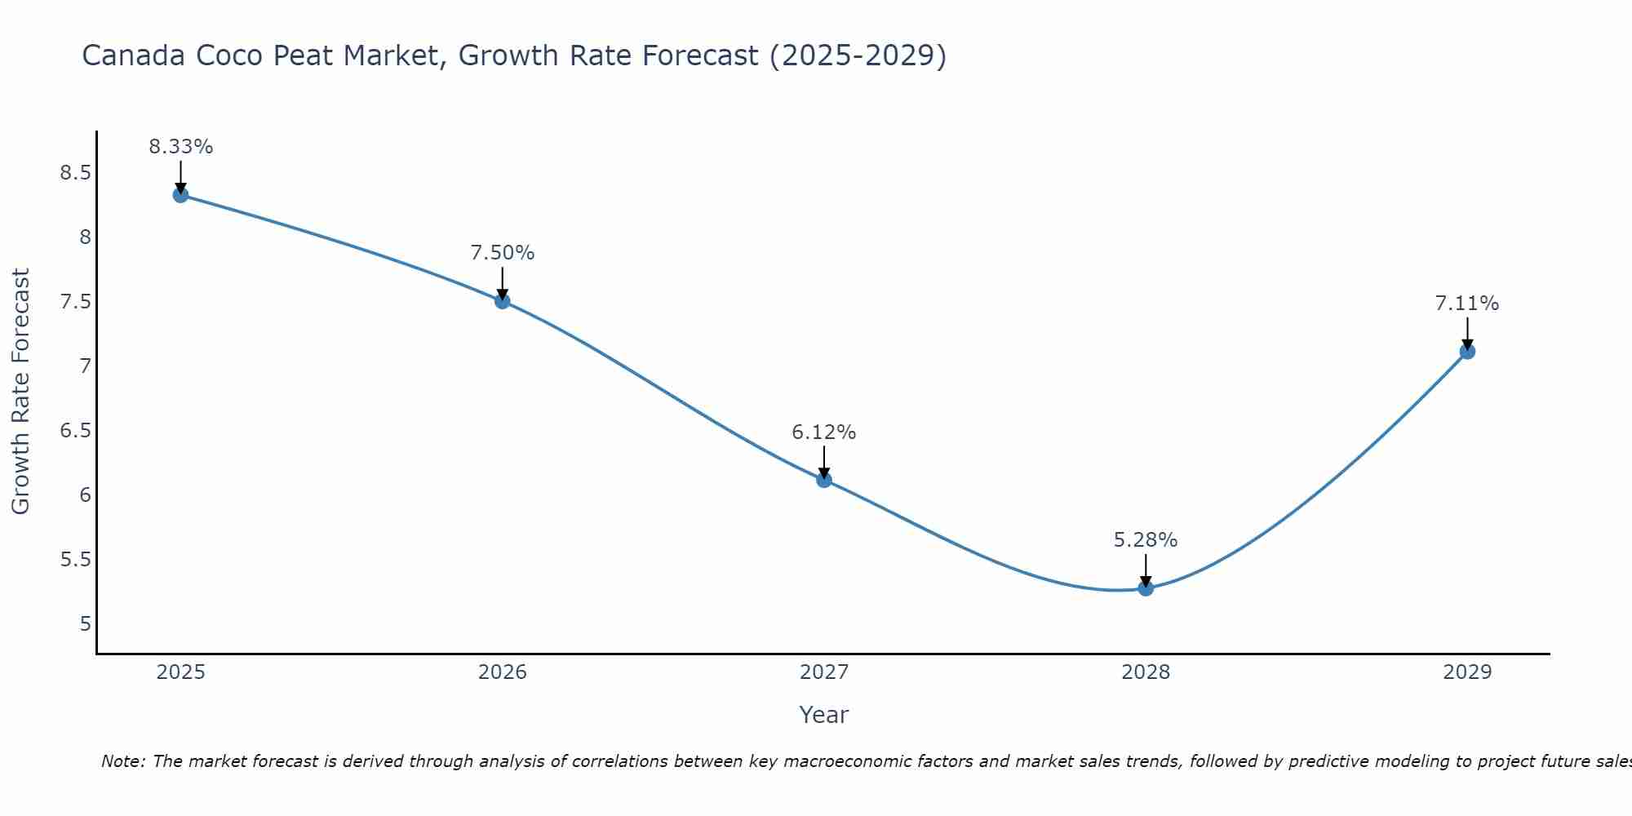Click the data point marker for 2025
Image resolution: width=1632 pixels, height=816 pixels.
[x=180, y=195]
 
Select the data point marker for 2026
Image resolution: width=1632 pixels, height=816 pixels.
[x=503, y=301]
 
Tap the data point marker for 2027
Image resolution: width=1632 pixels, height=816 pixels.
[x=824, y=480]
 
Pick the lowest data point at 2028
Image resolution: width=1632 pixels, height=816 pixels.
[x=1146, y=588]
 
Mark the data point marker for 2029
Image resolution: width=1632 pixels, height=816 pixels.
[x=1467, y=352]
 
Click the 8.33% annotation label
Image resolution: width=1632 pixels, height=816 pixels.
[x=180, y=147]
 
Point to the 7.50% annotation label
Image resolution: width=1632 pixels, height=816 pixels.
[x=503, y=253]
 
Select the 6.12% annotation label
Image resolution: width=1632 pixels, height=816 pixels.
[x=824, y=432]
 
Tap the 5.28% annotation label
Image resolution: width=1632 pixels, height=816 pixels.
[x=1146, y=540]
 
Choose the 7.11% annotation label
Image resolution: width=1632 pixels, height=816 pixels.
[x=1467, y=304]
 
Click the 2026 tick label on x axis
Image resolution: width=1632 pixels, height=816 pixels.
[x=503, y=672]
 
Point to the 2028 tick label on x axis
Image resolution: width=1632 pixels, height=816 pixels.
[x=1146, y=672]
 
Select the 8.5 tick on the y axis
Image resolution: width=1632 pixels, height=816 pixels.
[x=75, y=173]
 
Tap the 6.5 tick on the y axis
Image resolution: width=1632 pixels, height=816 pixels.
[x=75, y=431]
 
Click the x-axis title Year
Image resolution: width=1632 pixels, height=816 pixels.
[x=824, y=715]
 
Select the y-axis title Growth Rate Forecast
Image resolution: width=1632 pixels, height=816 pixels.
[x=20, y=391]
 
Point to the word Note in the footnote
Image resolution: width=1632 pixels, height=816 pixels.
[x=122, y=761]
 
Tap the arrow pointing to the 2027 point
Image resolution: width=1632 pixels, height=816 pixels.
[x=824, y=462]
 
